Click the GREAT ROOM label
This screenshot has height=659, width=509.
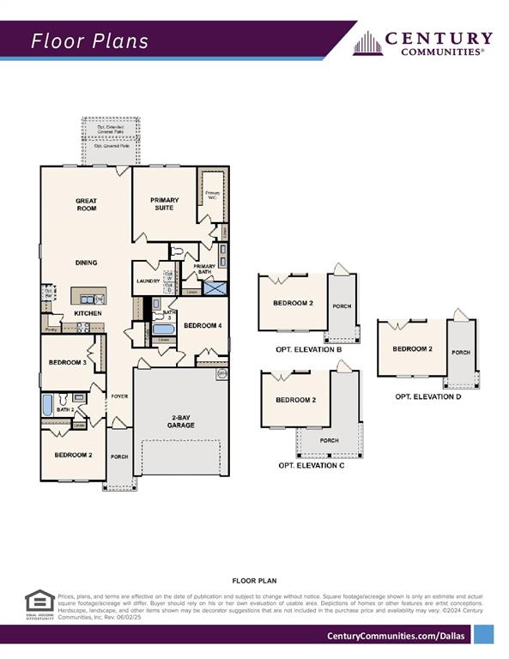[x=86, y=204]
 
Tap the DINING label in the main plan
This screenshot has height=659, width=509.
[x=86, y=263]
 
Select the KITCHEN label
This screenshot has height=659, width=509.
[x=88, y=313]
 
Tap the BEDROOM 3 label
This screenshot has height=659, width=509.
[x=67, y=363]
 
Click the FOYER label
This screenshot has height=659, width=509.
[x=118, y=396]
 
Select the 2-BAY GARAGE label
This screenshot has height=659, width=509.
[x=181, y=421]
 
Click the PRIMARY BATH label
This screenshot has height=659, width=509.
[x=204, y=269]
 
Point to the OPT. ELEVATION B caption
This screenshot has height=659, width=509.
[x=310, y=349]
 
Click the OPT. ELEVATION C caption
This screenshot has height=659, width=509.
[x=311, y=464]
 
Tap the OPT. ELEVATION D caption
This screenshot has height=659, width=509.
[x=427, y=396]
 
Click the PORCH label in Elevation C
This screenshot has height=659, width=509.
[x=329, y=440]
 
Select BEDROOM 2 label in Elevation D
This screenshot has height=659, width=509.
[x=410, y=348]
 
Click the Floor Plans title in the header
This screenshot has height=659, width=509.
[x=90, y=41]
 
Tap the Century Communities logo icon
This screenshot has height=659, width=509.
[x=367, y=43]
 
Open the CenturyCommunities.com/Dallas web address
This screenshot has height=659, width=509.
[x=397, y=635]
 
